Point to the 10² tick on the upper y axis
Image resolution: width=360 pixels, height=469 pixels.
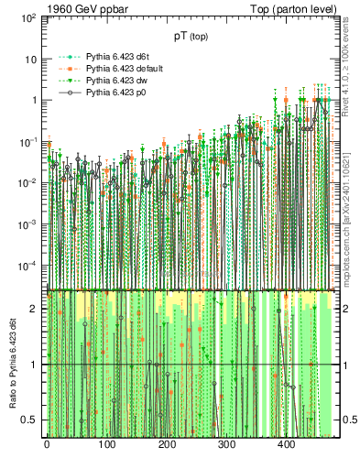28,18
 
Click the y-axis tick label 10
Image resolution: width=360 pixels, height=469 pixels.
31,59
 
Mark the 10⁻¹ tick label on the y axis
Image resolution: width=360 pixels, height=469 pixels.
28,141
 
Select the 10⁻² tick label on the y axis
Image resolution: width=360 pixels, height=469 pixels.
28,183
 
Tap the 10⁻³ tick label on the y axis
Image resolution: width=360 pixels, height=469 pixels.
28,224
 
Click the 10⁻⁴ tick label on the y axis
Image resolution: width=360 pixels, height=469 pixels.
28,266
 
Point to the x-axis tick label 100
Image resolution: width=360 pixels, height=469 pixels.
106,444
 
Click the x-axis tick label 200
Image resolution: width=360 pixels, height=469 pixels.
167,444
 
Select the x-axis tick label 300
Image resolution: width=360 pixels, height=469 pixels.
226,444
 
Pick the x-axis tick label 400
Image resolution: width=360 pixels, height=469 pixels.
287,444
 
